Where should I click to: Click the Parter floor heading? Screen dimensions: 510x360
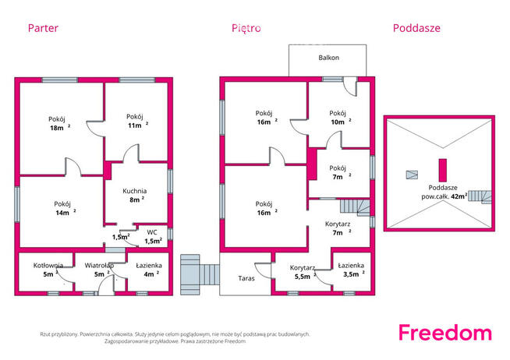coord(43,28)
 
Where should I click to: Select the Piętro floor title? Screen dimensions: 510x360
coord(246,28)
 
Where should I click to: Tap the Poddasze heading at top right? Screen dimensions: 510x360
coord(416,28)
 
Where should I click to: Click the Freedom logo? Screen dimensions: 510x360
coord(445,333)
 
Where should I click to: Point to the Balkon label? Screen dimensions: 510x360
coord(329,58)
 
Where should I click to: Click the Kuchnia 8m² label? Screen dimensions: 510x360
coord(135,196)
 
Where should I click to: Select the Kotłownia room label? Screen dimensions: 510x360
coord(48,270)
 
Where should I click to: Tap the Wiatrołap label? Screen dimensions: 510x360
coord(99,270)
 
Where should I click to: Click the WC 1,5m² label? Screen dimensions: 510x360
coord(153,237)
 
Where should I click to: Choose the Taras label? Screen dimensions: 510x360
coord(246,278)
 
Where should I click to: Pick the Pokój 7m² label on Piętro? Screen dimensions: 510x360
coord(338,172)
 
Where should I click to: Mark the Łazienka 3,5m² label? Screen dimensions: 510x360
coord(351,270)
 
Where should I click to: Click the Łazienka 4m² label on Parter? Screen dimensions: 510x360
coord(149,270)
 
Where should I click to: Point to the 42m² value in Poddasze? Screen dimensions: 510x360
coord(459,196)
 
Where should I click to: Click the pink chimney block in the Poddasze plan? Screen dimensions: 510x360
coord(443,170)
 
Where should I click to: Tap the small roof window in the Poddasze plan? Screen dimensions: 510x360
coord(412,175)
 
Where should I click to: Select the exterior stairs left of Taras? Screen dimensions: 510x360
coord(200,274)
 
